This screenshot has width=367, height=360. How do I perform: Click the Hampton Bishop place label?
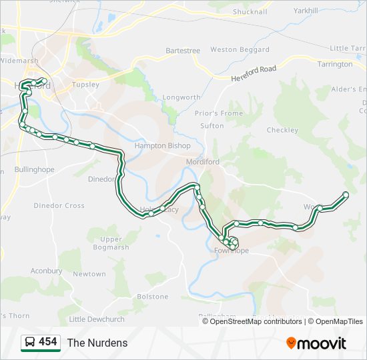click(x=162, y=145)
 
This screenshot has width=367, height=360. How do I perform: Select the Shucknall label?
click(x=250, y=11)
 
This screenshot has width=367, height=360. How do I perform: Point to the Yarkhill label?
click(x=306, y=11)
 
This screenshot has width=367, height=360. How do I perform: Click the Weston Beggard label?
click(x=240, y=49)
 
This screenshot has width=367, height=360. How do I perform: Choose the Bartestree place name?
click(x=183, y=50)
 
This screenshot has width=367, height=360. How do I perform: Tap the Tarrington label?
click(x=335, y=65)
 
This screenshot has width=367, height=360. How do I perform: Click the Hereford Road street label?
click(x=254, y=73)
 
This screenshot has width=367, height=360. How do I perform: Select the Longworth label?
click(x=181, y=97)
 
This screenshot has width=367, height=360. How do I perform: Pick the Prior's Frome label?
click(x=219, y=113)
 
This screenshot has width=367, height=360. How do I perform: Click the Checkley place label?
click(x=282, y=130)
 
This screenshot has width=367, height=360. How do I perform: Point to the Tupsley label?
click(x=85, y=85)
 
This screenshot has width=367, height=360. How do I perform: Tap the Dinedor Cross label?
click(x=59, y=205)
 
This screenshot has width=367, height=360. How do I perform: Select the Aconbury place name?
click(x=46, y=271)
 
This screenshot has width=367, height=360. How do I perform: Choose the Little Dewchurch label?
click(x=97, y=319)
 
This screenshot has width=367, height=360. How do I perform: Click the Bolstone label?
click(x=152, y=296)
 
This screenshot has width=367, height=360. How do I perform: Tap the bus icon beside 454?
click(x=29, y=343)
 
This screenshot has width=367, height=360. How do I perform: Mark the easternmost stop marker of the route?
click(x=346, y=195)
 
